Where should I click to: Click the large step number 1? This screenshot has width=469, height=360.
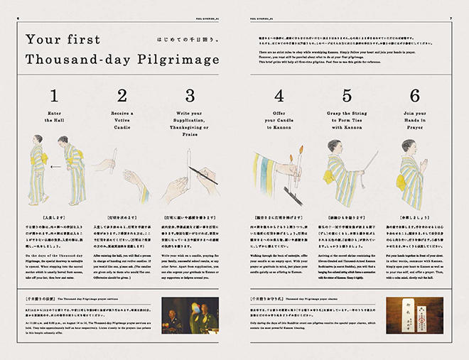pyautogui.click(x=55, y=96)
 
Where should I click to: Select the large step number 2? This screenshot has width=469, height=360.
pyautogui.click(x=123, y=96)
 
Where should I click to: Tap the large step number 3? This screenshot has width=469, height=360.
pyautogui.click(x=190, y=96)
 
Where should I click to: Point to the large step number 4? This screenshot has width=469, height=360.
pyautogui.click(x=279, y=96)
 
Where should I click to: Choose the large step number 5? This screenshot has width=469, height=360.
pyautogui.click(x=346, y=96)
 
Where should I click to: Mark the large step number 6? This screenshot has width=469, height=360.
pyautogui.click(x=414, y=96)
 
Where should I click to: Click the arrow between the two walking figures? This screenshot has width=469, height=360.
pyautogui.click(x=52, y=168)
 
